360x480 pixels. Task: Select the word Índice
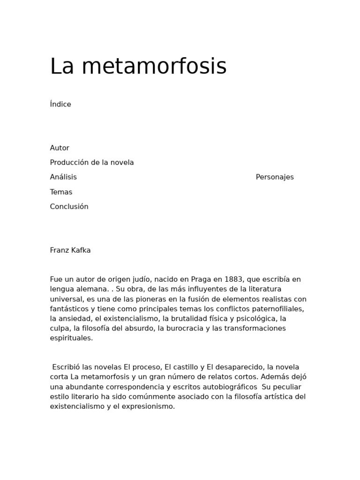[60, 104]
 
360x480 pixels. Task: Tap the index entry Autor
[60, 148]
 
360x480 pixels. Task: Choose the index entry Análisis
[63, 177]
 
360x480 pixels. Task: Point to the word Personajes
[275, 177]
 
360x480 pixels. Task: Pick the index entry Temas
[61, 192]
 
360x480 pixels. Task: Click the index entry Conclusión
[69, 207]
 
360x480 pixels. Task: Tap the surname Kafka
[81, 250]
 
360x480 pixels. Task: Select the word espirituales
[71, 338]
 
